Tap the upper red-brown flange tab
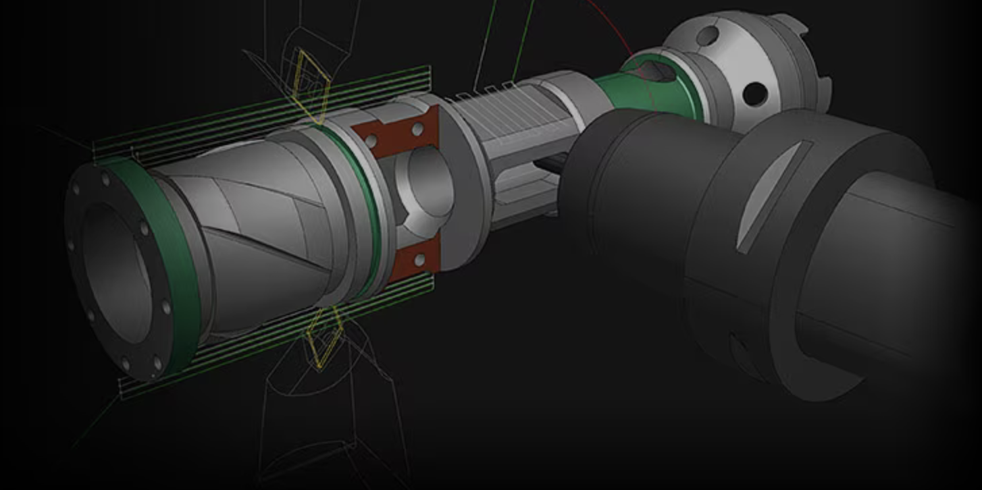pyautogui.click(x=399, y=133)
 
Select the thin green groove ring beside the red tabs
pyautogui.click(x=369, y=202)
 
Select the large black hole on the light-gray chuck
pyautogui.click(x=754, y=94)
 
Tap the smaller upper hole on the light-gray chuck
pyautogui.click(x=706, y=36)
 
